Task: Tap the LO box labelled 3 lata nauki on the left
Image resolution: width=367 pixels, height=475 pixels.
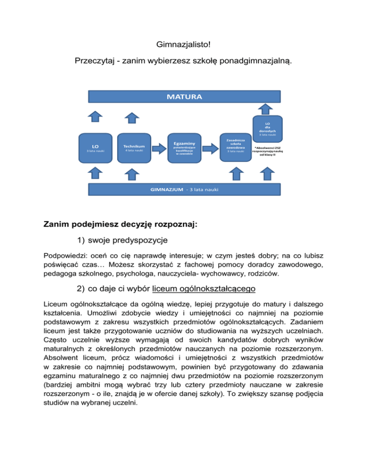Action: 96,148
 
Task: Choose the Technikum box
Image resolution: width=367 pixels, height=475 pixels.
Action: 134,148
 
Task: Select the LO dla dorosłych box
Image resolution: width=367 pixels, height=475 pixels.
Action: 268,127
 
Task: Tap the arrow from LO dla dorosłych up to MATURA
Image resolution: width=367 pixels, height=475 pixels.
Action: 268,108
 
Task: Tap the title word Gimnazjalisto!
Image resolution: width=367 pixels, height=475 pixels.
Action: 183,46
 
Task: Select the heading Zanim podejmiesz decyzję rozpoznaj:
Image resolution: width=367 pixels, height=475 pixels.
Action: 122,223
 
